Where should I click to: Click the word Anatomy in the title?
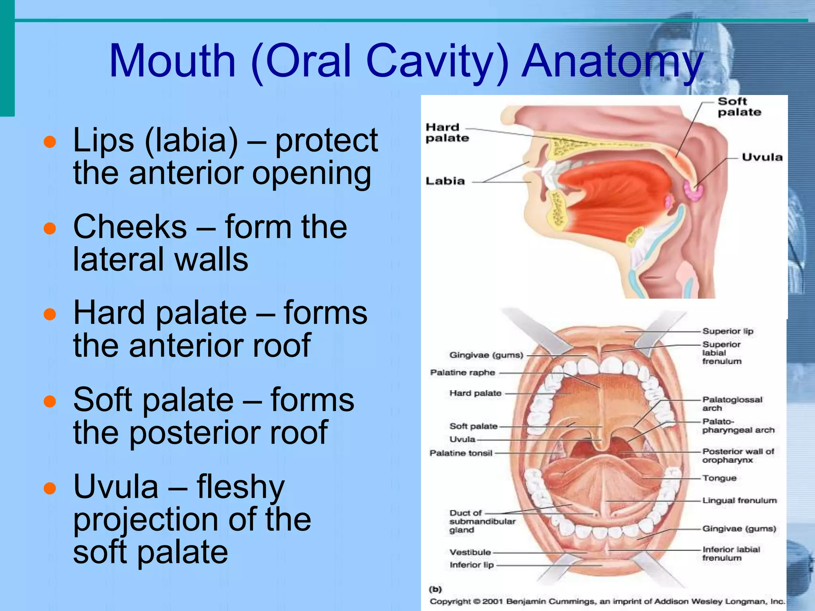612,62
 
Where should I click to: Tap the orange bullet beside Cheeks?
50,229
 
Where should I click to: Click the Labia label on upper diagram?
445,181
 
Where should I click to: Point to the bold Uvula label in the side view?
762,157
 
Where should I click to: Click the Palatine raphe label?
462,373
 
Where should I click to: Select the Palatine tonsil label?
461,453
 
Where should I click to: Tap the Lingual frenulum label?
739,500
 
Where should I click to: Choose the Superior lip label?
727,331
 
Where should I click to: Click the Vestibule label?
470,552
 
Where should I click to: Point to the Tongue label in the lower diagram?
719,478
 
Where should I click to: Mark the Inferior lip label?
471,565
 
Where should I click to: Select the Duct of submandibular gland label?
482,521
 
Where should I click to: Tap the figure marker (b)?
435,589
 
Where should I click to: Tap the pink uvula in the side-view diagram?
693,191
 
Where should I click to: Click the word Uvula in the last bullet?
116,487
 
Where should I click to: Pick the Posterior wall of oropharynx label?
737,455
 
